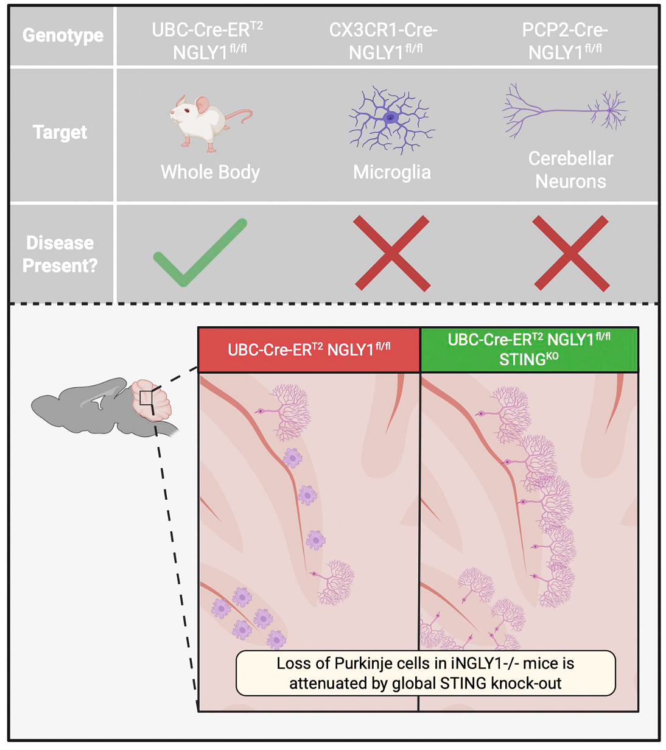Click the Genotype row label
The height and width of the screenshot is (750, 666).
(63, 36)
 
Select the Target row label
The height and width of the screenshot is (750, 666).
(60, 132)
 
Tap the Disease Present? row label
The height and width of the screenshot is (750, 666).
(60, 254)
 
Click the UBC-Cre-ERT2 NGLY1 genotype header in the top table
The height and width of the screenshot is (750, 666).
(208, 41)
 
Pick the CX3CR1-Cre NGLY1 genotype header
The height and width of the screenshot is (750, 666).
(384, 41)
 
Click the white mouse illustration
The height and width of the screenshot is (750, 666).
(208, 122)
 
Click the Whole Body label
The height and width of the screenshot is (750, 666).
(210, 172)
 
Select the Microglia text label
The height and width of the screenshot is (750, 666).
(392, 172)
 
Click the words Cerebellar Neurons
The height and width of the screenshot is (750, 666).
(570, 170)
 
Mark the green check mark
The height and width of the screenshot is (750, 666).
(200, 251)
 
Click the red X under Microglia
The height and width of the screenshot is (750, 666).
(391, 253)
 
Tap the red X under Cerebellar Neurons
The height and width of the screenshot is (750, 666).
(570, 253)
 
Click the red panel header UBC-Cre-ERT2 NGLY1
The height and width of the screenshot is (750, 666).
(309, 349)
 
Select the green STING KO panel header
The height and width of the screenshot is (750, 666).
(529, 349)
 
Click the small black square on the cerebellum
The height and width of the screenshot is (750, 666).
(146, 398)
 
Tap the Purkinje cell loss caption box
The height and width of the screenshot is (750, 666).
(426, 673)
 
